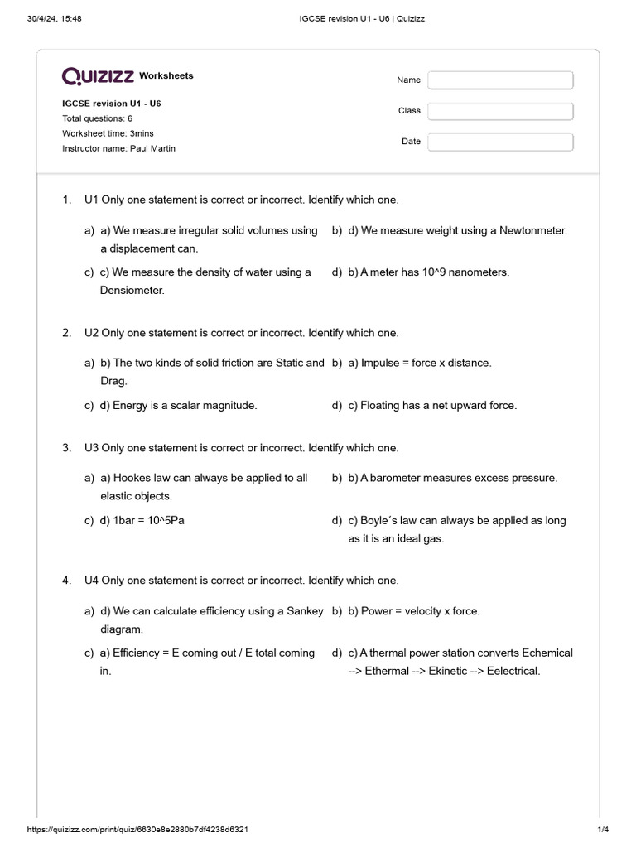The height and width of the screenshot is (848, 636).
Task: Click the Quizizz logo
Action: (98, 76)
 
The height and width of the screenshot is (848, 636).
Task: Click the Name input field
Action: (500, 80)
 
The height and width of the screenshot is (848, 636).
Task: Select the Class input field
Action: (500, 111)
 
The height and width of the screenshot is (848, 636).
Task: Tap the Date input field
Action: (500, 142)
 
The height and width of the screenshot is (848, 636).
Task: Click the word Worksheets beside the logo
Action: (166, 76)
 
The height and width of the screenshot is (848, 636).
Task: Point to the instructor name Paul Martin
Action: (152, 148)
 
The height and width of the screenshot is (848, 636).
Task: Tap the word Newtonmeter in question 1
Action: (533, 231)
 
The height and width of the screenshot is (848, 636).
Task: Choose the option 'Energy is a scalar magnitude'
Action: (185, 406)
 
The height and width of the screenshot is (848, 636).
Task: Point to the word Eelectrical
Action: (513, 671)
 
